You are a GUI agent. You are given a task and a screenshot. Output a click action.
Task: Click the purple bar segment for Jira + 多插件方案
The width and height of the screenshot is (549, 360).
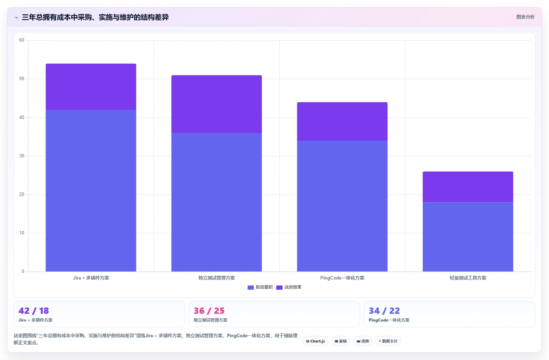pos(91,87)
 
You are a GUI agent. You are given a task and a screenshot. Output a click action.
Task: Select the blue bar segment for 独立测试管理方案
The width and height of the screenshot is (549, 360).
pos(216,202)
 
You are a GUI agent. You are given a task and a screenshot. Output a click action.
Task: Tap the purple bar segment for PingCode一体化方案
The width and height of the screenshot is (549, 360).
pos(342,121)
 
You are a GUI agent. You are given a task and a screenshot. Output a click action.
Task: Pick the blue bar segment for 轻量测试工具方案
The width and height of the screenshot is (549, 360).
pos(468,237)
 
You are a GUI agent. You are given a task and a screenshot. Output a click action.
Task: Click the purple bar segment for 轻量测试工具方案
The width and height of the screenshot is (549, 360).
pos(468,187)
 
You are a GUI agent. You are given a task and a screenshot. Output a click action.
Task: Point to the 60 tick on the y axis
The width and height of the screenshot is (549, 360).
pos(22,40)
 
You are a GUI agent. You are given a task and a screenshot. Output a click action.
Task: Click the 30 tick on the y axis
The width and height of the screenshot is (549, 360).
pos(22,156)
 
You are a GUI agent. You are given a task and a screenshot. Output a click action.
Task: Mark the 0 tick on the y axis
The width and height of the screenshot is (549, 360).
pos(23,271)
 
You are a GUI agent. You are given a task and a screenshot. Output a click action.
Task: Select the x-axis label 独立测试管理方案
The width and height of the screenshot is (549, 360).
pos(216,278)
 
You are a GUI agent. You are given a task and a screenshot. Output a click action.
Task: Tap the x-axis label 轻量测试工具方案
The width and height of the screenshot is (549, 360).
pos(468,278)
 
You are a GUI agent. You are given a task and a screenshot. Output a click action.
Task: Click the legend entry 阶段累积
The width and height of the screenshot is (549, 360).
pos(260,287)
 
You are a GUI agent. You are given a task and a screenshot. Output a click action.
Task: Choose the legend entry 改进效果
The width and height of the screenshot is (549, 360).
pos(289,287)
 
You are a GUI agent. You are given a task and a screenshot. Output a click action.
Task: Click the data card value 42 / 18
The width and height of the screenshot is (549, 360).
pos(34,311)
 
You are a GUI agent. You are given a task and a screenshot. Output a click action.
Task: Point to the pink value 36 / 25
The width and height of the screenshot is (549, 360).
pos(209,311)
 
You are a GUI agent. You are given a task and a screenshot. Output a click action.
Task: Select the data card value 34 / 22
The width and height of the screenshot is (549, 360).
pos(384,311)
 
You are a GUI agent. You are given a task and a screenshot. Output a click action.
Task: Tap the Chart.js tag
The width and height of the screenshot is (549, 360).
pos(315,341)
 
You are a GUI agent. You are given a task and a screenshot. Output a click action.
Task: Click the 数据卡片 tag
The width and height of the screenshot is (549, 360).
pos(388,341)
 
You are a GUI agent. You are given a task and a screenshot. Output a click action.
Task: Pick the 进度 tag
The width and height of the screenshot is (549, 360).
pos(363,341)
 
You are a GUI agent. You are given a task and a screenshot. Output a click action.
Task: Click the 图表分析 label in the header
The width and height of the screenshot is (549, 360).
pos(525,17)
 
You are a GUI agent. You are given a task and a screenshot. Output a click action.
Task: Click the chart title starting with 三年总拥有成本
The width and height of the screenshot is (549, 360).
pos(95,17)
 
